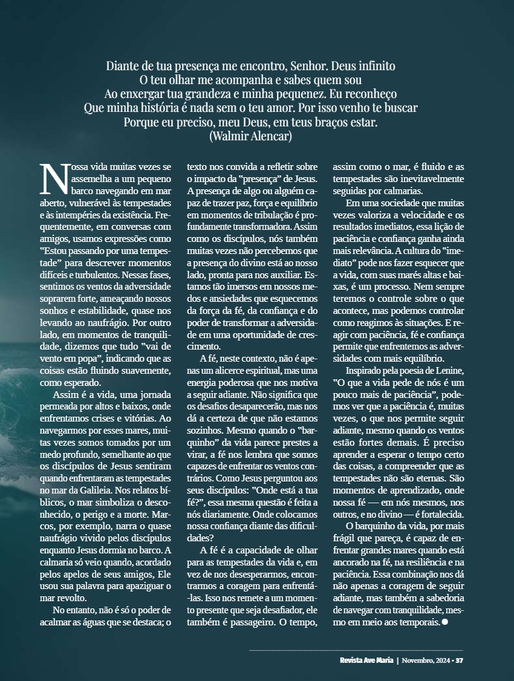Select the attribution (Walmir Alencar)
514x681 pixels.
point(250,137)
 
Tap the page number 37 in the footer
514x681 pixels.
point(460,659)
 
